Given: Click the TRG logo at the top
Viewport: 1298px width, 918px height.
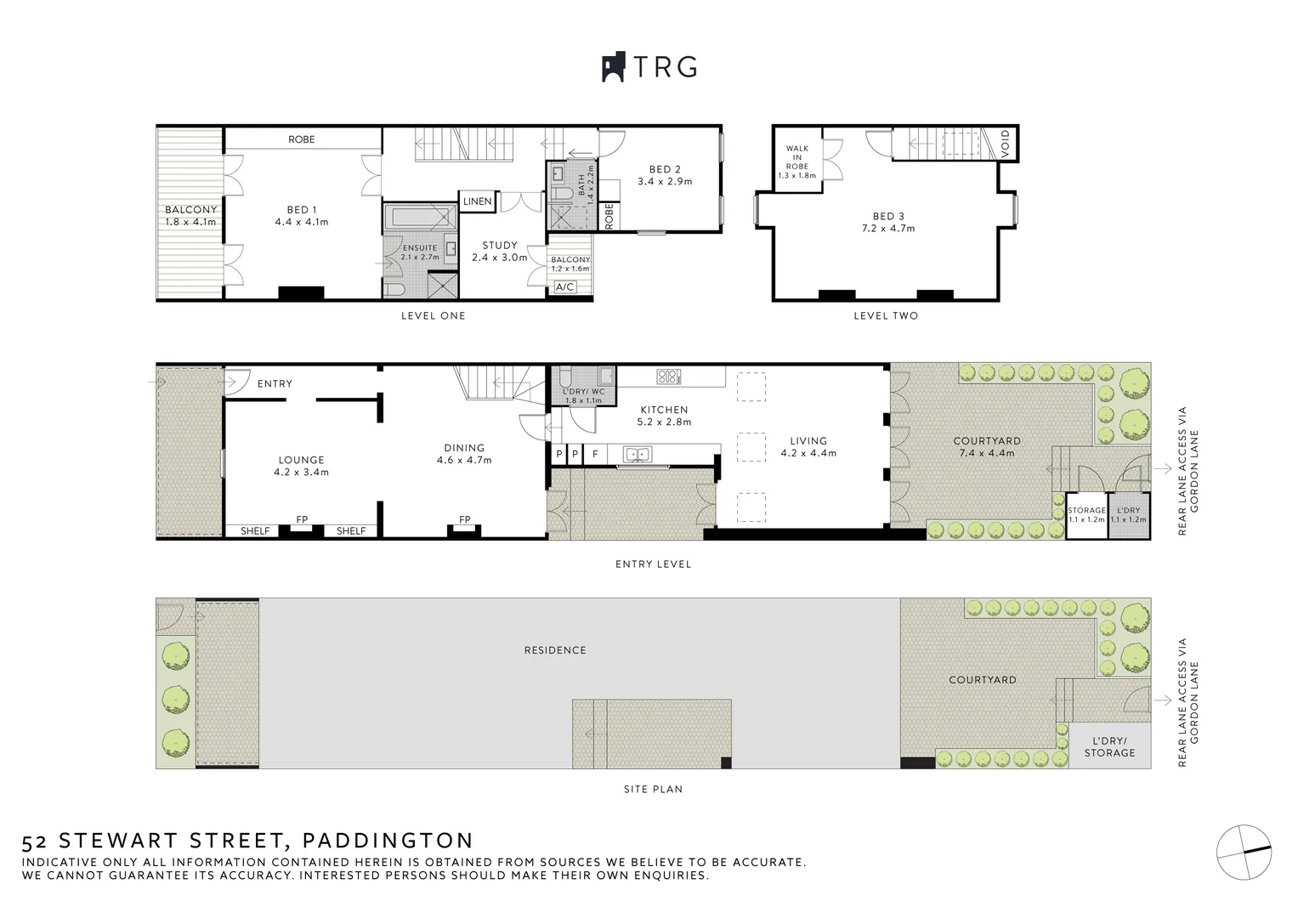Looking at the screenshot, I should coord(649,66).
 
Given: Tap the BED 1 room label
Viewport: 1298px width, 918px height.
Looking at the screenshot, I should coord(302,210).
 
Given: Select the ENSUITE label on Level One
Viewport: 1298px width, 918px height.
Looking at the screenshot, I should coord(420,248).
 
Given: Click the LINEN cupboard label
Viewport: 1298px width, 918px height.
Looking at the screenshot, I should coord(477,201).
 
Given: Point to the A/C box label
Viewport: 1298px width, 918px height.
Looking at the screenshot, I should coord(564,287).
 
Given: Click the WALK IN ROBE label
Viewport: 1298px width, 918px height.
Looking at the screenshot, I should coord(796,158).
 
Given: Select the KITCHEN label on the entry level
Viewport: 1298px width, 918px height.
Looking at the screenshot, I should coord(664,410).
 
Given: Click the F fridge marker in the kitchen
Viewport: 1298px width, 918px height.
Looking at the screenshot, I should coord(595,455).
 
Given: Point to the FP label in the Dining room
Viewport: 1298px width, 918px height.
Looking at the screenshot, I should coord(464,519).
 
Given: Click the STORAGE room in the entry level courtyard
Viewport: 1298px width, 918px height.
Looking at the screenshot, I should coord(1085,515).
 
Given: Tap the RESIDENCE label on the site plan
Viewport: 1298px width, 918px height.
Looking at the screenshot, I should coord(555,650).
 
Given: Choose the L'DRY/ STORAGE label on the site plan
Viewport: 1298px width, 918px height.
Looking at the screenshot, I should coord(1109,746).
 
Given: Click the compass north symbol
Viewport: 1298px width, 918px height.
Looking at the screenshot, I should coord(1244,851).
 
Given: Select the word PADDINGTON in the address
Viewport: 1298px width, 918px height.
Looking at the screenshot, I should coord(388,841).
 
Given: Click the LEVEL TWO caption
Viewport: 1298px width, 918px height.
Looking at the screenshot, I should coord(886,315).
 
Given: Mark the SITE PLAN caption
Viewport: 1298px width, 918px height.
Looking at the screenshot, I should coord(653,789).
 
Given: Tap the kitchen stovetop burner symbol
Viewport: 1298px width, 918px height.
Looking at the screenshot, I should coord(669,376).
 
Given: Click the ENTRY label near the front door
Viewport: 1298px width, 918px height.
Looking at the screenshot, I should coord(275,383).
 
